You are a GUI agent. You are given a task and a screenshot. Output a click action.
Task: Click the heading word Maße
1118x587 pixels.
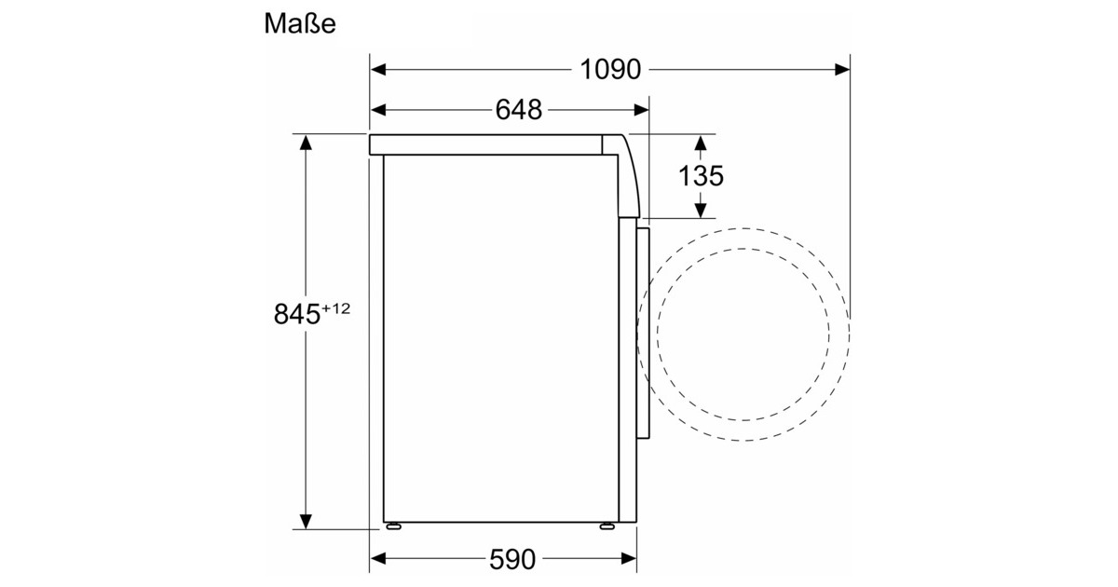(299, 23)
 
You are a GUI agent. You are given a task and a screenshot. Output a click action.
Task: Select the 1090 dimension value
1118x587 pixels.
(610, 69)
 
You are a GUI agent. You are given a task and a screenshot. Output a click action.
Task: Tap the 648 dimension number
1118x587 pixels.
(519, 110)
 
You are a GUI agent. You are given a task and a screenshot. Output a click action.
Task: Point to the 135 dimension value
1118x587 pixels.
(701, 176)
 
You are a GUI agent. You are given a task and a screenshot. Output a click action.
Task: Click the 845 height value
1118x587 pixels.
(297, 314)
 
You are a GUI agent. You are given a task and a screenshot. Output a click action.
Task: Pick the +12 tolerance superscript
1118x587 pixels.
(336, 308)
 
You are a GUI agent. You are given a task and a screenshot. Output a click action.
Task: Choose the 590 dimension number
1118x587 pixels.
(512, 559)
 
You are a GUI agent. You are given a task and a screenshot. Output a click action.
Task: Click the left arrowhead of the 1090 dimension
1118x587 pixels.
(378, 69)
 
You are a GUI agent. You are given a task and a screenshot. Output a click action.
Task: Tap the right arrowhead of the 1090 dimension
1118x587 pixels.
(842, 69)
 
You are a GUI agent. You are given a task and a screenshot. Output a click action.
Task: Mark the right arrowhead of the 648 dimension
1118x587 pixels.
(641, 110)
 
